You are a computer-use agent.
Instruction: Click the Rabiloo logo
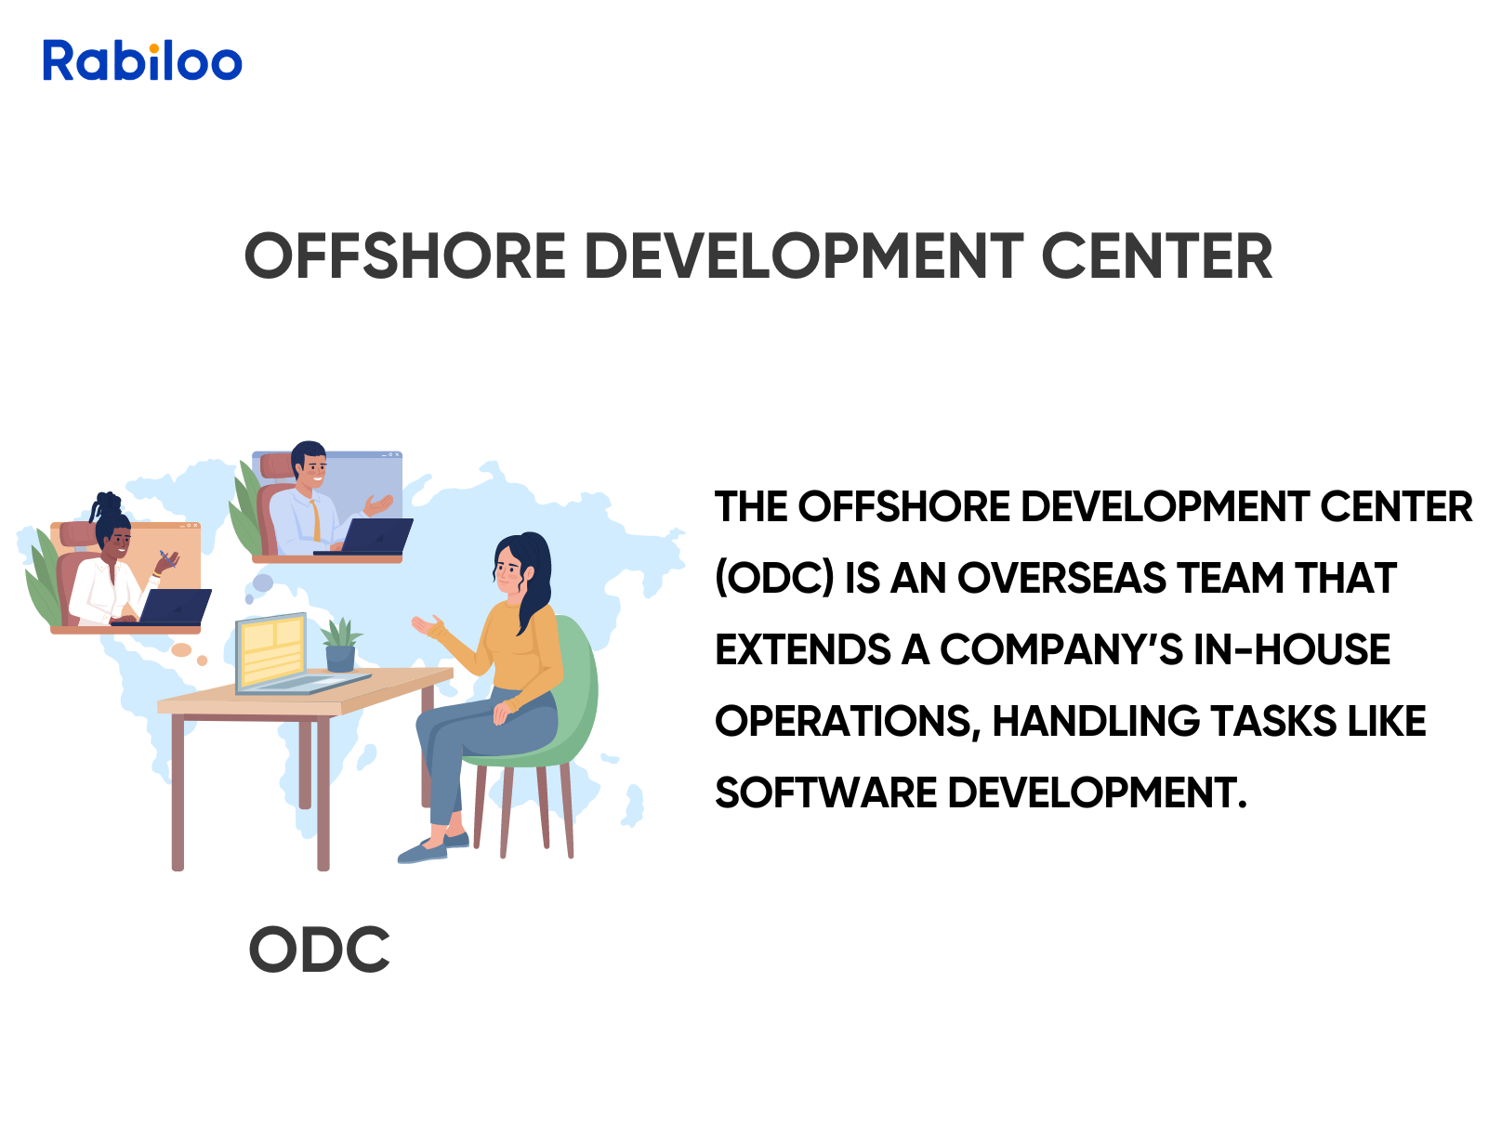pos(142,61)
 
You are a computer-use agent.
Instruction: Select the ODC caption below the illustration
pos(319,949)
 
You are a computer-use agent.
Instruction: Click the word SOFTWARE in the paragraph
pos(825,793)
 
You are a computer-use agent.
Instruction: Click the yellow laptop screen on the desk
pos(270,651)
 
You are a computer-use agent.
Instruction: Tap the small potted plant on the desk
pos(340,645)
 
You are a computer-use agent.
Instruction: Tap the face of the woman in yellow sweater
pos(508,568)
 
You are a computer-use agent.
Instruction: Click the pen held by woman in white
pos(165,557)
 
